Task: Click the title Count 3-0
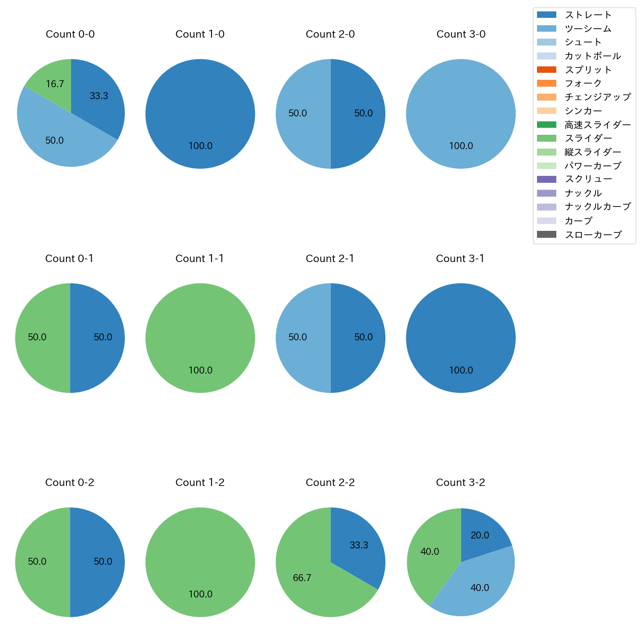(461, 34)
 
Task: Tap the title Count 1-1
(200, 259)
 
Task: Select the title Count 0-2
(69, 483)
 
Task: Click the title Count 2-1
(330, 259)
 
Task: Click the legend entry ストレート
(588, 15)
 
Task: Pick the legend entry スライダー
(588, 138)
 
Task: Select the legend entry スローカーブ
(593, 235)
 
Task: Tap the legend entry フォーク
(583, 83)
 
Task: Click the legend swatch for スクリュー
(546, 179)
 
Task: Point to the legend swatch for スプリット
(546, 69)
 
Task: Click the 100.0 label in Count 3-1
(461, 370)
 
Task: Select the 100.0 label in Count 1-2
(200, 594)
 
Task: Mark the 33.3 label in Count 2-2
(359, 545)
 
